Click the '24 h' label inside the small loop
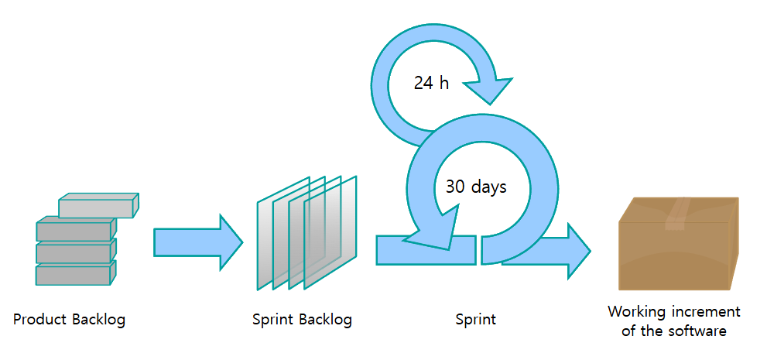pos(431,83)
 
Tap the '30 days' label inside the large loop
pos(475,187)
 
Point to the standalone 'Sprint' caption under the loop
pos(476,319)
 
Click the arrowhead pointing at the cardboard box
pos(577,251)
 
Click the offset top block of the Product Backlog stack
pos(97,206)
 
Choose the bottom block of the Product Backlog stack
pos(74,274)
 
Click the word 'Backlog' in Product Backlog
pos(98,319)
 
